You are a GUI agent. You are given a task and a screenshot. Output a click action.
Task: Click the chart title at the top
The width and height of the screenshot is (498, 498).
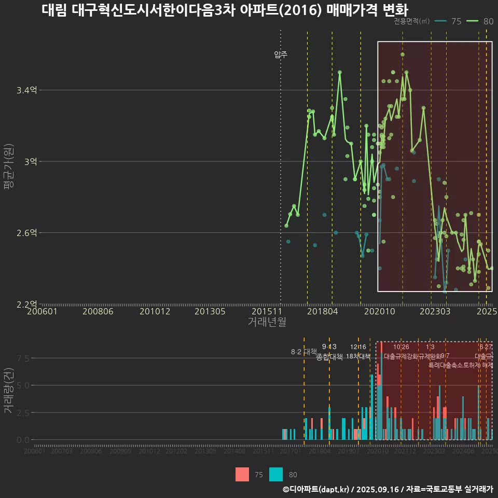coord(224,10)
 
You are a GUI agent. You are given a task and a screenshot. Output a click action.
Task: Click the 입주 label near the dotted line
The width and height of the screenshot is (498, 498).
coord(281,54)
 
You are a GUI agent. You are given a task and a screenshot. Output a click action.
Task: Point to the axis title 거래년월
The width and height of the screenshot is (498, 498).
coord(267,322)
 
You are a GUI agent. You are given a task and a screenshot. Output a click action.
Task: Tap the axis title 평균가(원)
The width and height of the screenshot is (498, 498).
coord(8,161)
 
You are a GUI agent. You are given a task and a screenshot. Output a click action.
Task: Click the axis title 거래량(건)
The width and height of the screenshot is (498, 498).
coord(8,391)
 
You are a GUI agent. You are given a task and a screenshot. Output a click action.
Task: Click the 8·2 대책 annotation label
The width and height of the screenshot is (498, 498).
coord(303,352)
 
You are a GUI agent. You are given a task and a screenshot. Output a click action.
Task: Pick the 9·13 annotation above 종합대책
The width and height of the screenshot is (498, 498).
coord(329,347)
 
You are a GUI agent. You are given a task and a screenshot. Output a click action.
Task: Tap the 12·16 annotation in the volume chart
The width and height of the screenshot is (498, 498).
coord(358,347)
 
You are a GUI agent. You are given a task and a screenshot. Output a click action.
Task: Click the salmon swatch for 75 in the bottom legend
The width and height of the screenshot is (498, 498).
coord(242,474)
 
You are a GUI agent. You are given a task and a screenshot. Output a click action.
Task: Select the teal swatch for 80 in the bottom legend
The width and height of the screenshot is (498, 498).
coord(276,474)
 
